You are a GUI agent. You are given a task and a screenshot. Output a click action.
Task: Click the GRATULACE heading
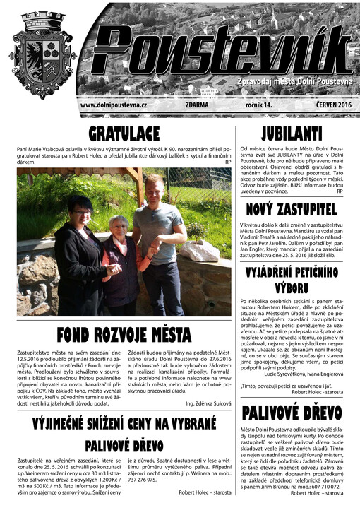[x=124, y=134]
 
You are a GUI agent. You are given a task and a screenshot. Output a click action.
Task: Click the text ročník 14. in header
[x=258, y=105]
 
